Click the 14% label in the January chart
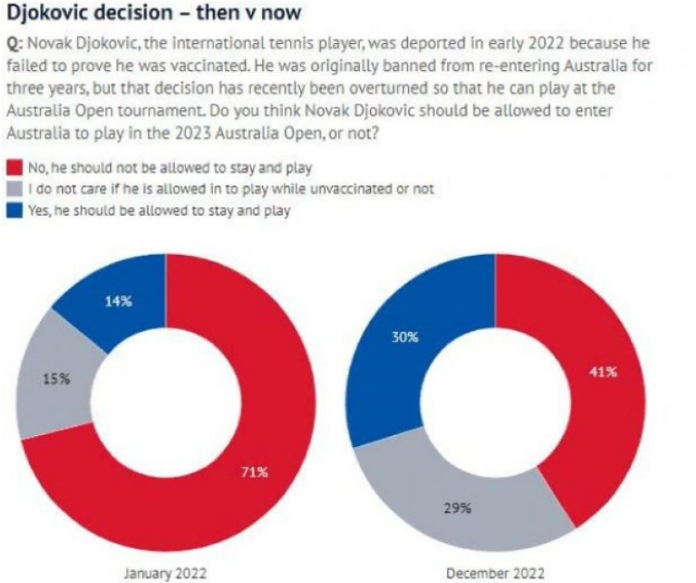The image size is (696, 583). click(x=118, y=302)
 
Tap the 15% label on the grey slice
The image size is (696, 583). click(x=57, y=379)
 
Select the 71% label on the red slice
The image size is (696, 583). click(x=254, y=473)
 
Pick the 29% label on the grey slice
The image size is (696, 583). click(x=457, y=518)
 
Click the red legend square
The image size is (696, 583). click(x=15, y=168)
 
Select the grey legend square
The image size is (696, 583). click(x=15, y=189)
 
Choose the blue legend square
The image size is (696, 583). click(x=15, y=211)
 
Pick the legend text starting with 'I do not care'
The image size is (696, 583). click(x=231, y=189)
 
